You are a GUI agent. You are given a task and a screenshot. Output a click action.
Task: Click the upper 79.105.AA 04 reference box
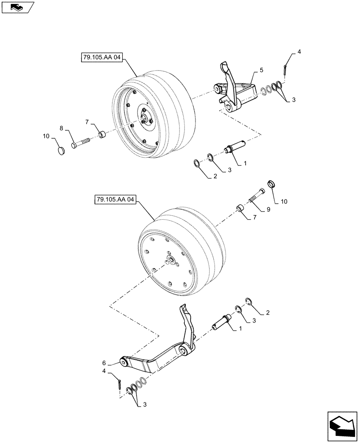[102, 58]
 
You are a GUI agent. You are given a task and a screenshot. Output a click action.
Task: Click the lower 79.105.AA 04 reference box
[114, 199]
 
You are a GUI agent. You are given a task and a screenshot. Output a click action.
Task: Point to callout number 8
[63, 128]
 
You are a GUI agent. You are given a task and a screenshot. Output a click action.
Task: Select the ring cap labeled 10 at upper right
[272, 184]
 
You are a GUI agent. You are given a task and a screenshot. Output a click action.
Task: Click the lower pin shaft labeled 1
[223, 319]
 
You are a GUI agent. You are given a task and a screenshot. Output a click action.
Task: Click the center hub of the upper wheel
[145, 119]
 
